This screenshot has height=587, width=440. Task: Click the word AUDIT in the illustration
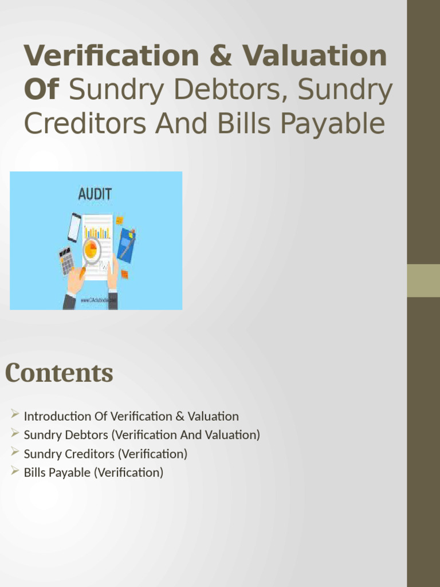coord(95,194)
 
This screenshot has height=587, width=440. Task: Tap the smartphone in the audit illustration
coord(74,228)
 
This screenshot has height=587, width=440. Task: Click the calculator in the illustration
coord(66,261)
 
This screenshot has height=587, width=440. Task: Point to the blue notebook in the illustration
coord(126,245)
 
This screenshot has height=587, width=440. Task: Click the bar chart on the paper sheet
coord(97,232)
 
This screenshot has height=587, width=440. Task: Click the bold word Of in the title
coord(42,90)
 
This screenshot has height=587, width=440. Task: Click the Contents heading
coord(59,373)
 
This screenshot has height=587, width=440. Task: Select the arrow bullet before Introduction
coord(15,415)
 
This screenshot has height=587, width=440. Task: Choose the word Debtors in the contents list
coord(87,435)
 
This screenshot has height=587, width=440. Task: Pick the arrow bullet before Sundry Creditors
coord(15,452)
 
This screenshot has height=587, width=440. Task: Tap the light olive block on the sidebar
coord(423,280)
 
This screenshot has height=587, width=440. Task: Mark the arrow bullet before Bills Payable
coord(15,471)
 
